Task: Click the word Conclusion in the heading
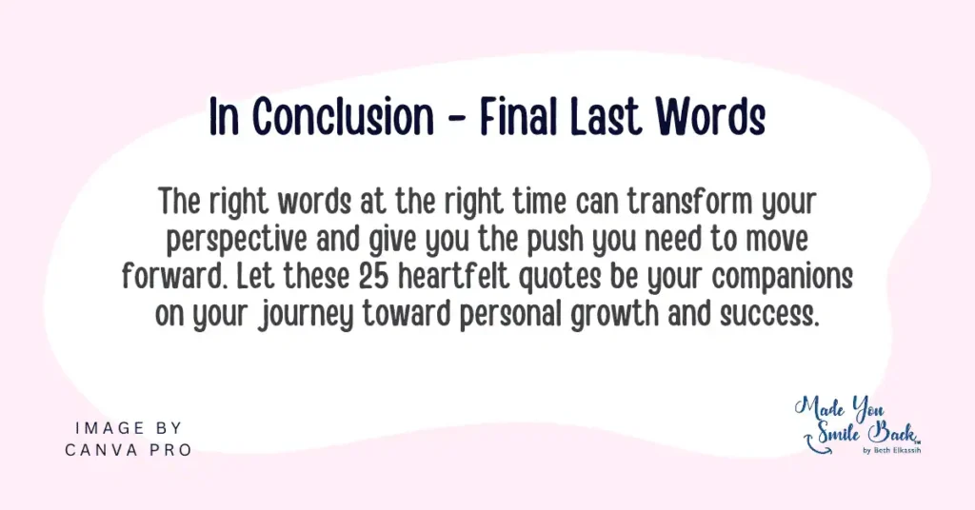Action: (344, 116)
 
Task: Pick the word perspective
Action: (236, 241)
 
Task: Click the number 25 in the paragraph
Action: (374, 277)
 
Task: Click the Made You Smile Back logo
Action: (858, 424)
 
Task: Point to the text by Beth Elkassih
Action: (892, 450)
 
